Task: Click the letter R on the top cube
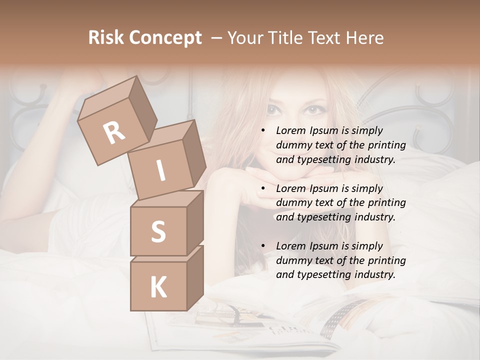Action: point(114,133)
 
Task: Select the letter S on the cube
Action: point(158,231)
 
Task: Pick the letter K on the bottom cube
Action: point(158,287)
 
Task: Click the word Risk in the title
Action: point(106,38)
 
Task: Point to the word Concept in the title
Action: point(165,38)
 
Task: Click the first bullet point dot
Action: point(263,131)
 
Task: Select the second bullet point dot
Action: point(263,189)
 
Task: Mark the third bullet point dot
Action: point(263,246)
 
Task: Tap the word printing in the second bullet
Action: point(386,203)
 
